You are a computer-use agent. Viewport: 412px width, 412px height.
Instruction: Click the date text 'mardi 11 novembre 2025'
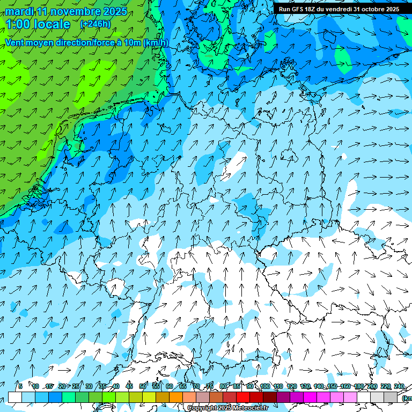[66, 11]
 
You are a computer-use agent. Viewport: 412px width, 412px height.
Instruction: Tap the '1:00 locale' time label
[38, 24]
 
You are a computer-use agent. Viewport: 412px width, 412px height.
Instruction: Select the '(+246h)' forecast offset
[95, 24]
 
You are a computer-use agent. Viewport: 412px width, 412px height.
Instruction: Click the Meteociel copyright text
[227, 408]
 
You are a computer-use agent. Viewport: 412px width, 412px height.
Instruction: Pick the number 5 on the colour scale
[20, 386]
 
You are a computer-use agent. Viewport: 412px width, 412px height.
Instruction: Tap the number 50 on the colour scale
[143, 386]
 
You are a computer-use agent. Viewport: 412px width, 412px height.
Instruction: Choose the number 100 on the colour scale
[265, 386]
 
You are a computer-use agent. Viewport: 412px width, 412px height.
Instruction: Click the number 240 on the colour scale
[399, 386]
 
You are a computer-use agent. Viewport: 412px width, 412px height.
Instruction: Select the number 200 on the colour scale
[372, 386]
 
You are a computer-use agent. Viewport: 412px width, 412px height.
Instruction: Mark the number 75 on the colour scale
[210, 386]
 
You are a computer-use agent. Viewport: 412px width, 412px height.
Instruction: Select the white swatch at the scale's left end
[15, 397]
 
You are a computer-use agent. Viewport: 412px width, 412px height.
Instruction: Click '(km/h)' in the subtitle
[156, 43]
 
